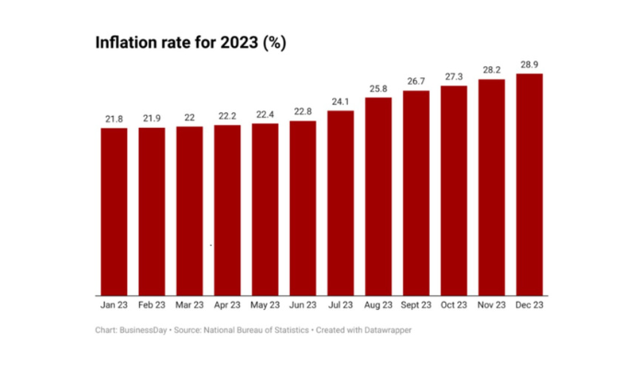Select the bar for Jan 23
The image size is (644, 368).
click(x=114, y=212)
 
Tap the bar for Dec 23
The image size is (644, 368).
click(x=529, y=184)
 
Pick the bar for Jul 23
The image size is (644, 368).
click(x=340, y=202)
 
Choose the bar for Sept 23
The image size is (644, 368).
click(x=416, y=193)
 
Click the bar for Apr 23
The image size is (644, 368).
click(x=227, y=210)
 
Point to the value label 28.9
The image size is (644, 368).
click(x=529, y=65)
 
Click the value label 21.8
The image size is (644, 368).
click(x=114, y=120)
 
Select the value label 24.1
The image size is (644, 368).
click(x=340, y=102)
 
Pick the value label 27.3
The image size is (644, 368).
click(x=454, y=77)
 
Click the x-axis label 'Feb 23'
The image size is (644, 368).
click(x=152, y=305)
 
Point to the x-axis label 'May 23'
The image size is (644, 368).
click(x=265, y=305)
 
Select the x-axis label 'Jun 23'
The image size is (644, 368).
click(x=303, y=305)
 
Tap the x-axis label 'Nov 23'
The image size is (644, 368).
click(x=491, y=305)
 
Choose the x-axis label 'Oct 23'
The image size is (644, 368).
click(x=454, y=305)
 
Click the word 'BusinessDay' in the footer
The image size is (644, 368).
click(x=143, y=328)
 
